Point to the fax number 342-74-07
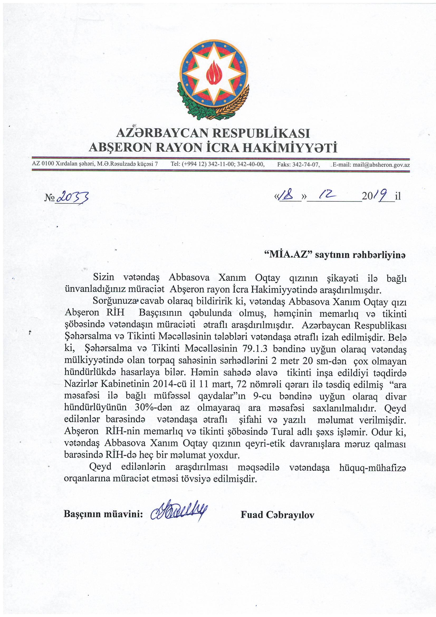click(x=306, y=165)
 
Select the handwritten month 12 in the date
click(x=327, y=195)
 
